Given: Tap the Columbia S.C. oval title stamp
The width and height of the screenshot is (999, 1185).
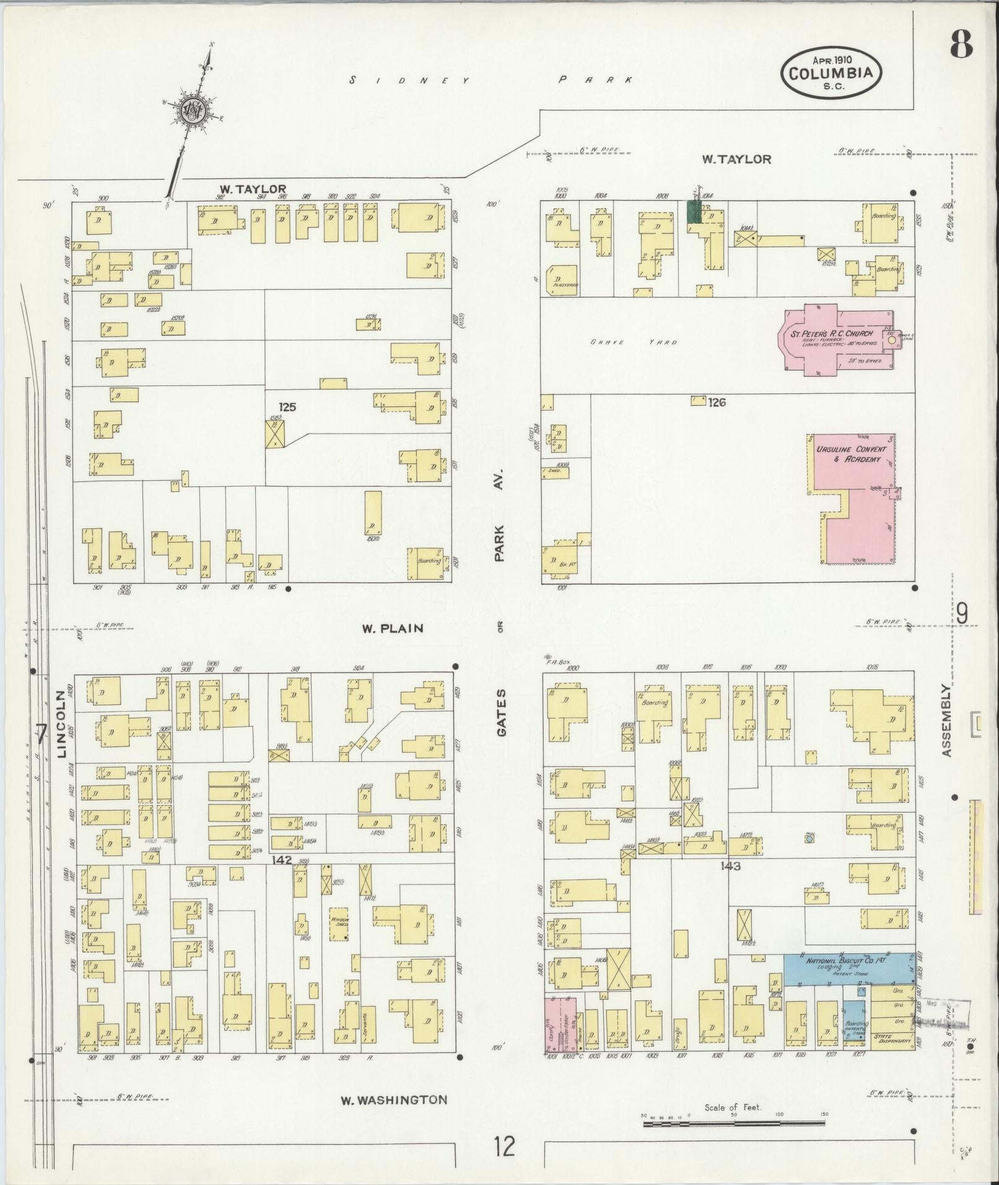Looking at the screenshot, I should click(831, 73).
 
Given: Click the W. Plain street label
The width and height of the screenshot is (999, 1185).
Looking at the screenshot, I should click(393, 628).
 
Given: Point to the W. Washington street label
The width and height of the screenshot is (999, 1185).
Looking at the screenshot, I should click(394, 1100).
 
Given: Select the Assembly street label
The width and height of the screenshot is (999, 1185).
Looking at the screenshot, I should click(946, 720).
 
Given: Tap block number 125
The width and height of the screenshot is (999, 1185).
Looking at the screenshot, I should click(287, 407).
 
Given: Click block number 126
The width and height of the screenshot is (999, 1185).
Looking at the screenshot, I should click(717, 403).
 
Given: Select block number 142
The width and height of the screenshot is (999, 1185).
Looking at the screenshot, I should click(282, 860).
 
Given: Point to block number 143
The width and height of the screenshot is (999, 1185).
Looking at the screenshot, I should click(730, 866).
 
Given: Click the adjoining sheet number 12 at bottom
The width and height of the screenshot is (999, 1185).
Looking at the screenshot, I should click(505, 1146).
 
